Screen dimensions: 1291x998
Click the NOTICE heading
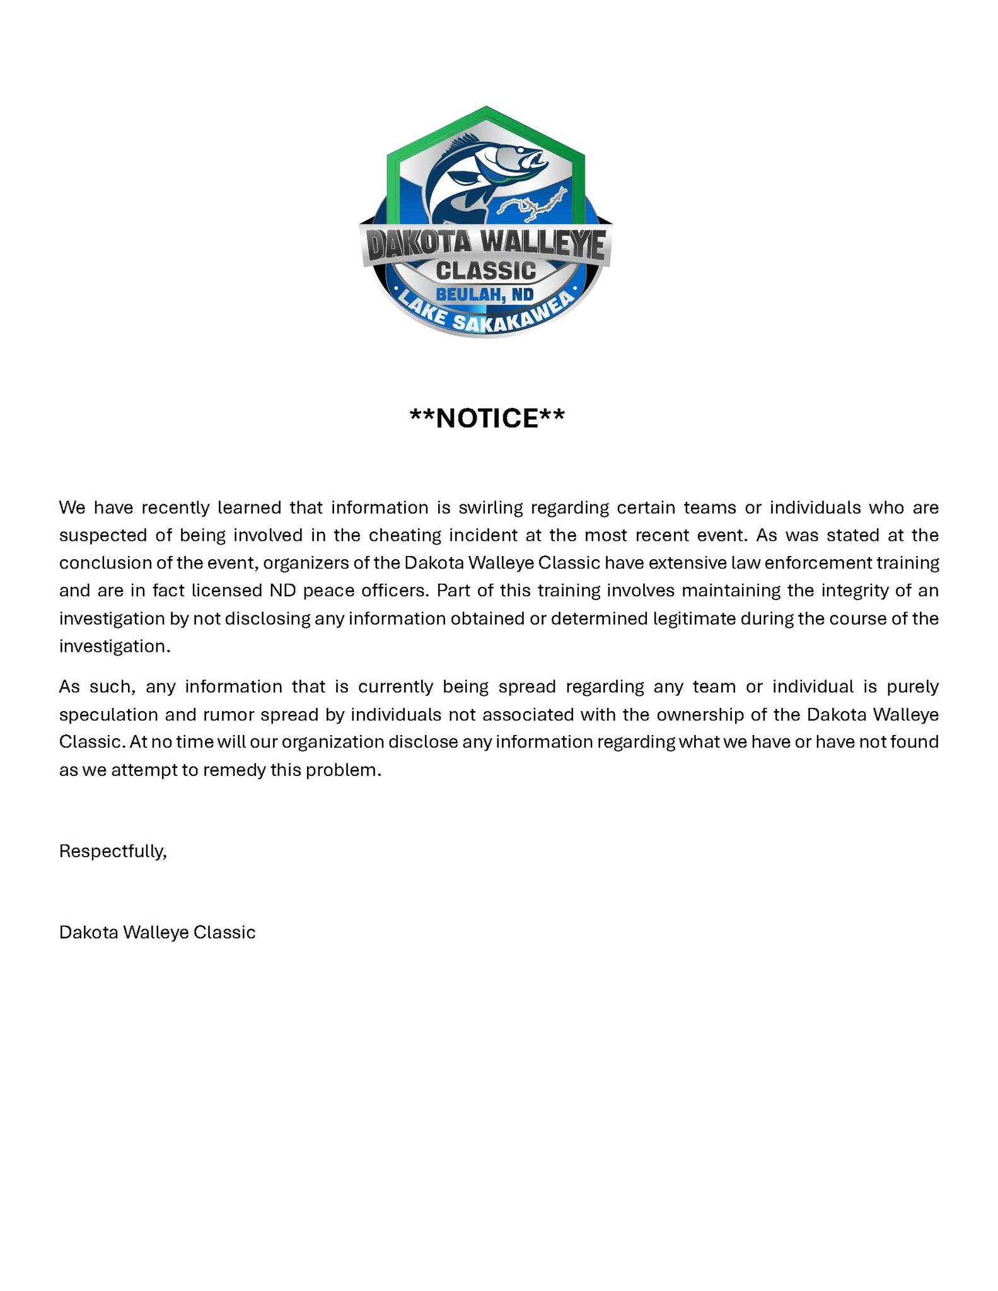pos(487,418)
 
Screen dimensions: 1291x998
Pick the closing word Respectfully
pos(113,851)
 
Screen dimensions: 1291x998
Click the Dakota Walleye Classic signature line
pos(158,932)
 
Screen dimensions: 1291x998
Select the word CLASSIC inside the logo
pos(486,270)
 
